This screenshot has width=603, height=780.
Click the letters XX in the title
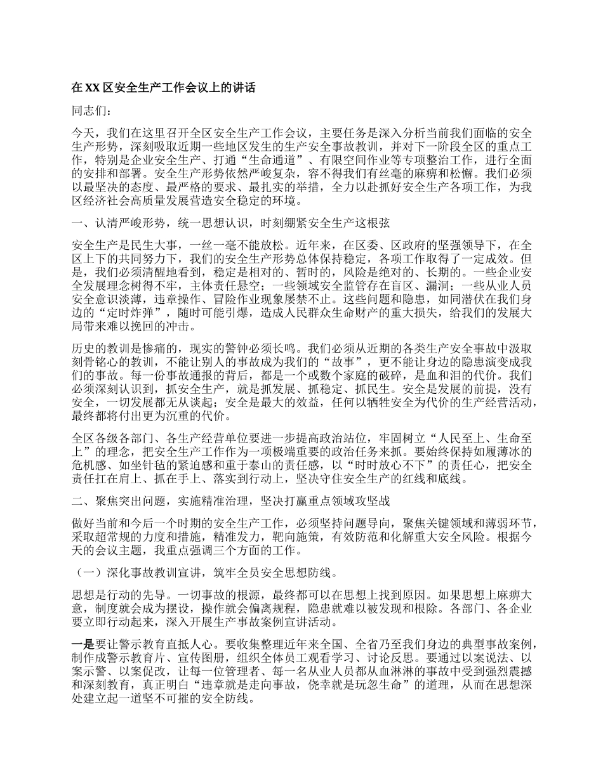coord(93,88)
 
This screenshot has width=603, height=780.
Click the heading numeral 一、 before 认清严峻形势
coord(79,223)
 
